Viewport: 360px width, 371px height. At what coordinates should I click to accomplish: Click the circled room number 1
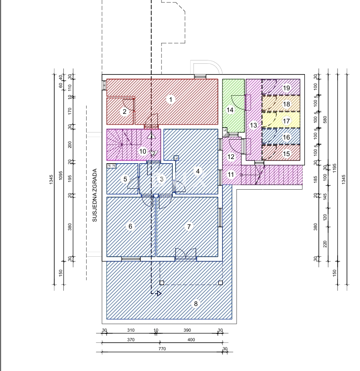tap(171, 100)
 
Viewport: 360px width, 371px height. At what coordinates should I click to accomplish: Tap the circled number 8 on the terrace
tap(196, 304)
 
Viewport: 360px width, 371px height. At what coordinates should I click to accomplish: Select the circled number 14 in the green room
tap(230, 110)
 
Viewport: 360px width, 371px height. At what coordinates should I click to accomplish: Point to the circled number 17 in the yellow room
tap(286, 121)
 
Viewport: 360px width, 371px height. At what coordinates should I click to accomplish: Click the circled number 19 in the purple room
tap(286, 88)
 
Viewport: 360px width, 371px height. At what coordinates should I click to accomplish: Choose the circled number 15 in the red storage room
tap(286, 154)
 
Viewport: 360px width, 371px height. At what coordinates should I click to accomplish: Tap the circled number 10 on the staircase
tap(143, 152)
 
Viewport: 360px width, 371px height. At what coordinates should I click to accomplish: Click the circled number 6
tap(130, 226)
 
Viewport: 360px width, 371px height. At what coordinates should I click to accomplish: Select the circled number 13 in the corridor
tap(254, 125)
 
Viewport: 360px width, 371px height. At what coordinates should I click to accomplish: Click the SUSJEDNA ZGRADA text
tap(95, 195)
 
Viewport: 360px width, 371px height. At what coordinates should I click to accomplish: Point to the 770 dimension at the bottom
tap(162, 349)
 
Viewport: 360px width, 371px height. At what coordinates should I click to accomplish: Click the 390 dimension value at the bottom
tap(187, 330)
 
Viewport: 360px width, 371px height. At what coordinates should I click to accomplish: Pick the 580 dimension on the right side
tap(325, 120)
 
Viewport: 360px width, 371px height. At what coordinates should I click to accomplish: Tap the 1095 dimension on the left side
tap(60, 176)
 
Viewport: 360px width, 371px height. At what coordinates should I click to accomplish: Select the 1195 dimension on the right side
tap(334, 168)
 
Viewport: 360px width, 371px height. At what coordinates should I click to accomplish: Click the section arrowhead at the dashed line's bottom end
tap(159, 294)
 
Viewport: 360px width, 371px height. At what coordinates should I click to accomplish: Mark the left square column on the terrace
tap(162, 283)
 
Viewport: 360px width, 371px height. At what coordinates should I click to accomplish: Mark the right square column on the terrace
tap(220, 283)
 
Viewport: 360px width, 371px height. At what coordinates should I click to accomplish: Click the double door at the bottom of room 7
tap(186, 255)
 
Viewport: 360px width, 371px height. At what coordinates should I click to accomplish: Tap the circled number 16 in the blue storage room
tap(286, 137)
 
